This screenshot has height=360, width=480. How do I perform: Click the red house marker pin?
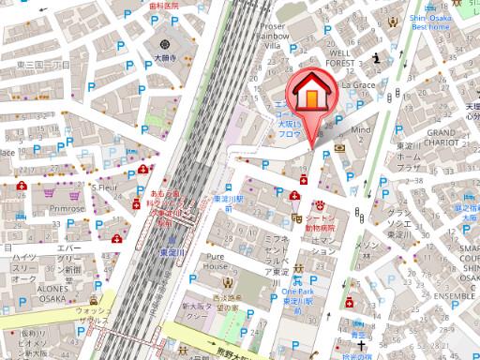click(309, 98)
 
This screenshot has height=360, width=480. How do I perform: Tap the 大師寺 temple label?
click(166, 58)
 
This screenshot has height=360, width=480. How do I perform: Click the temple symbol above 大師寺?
click(166, 44)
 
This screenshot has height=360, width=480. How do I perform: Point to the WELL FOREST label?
click(339, 59)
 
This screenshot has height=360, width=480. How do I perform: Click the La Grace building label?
click(357, 84)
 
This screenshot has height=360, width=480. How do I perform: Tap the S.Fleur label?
click(104, 187)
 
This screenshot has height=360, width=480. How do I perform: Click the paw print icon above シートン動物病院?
click(319, 202)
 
